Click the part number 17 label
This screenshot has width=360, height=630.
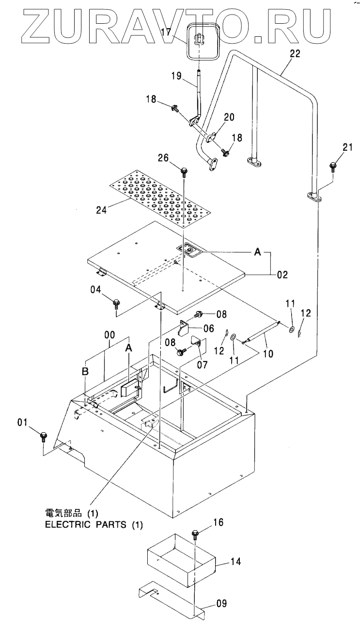tap(166, 33)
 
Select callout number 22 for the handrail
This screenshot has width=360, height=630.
tap(295, 54)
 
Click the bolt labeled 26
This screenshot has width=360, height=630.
tap(184, 171)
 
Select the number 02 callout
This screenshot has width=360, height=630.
tap(282, 275)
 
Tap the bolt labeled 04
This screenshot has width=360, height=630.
tap(116, 304)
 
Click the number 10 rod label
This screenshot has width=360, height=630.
tap(268, 354)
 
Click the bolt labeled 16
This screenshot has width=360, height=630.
tap(195, 534)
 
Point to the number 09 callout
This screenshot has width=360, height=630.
tap(220, 604)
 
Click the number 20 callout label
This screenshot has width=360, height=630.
tap(229, 117)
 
